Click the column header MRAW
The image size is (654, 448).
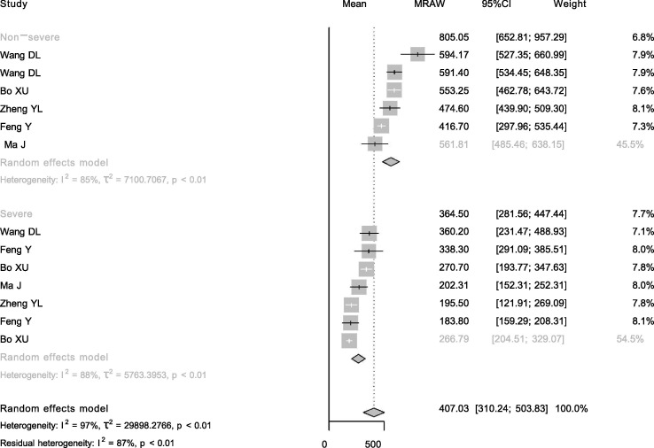(x=429, y=4)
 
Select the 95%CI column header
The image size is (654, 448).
(x=496, y=4)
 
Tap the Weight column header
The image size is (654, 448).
(x=570, y=4)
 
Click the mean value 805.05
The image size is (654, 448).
(x=454, y=37)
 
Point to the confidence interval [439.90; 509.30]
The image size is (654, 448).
(x=531, y=109)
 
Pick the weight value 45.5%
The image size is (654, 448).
(x=630, y=144)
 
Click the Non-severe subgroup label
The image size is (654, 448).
(x=30, y=37)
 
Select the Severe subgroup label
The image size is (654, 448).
(x=16, y=213)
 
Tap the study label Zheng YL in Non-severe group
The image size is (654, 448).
(x=21, y=109)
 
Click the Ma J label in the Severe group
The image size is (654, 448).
(x=11, y=285)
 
